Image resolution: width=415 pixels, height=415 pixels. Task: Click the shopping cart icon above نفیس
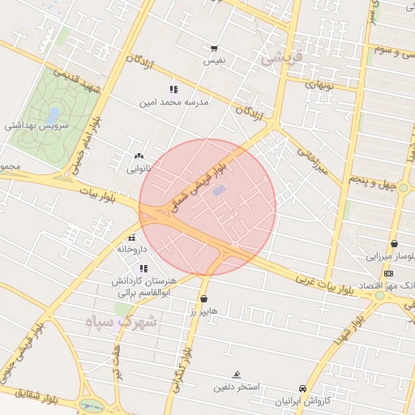click(214, 49)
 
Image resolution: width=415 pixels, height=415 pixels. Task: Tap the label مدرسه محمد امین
click(175, 103)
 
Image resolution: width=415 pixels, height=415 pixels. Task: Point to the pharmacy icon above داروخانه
click(132, 237)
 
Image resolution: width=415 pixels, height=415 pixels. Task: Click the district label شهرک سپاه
click(122, 322)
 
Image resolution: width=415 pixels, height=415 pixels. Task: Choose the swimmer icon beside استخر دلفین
click(236, 374)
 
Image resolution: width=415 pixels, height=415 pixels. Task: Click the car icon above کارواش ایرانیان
click(302, 388)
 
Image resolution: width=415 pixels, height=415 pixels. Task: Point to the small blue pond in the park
click(54, 115)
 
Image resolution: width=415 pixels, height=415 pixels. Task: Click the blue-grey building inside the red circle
click(219, 190)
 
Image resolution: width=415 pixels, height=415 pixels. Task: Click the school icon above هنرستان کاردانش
click(144, 268)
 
